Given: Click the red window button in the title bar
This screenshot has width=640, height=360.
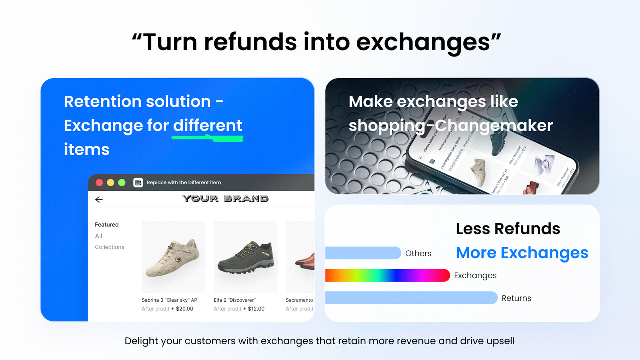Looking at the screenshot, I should pyautogui.click(x=99, y=183).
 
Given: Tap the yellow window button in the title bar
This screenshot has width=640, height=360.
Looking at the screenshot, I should pyautogui.click(x=110, y=183).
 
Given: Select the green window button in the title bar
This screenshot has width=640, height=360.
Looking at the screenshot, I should pyautogui.click(x=122, y=183).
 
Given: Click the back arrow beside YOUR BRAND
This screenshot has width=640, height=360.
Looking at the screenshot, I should pyautogui.click(x=99, y=199).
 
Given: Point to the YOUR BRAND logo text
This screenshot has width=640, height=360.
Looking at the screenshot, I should pyautogui.click(x=225, y=198).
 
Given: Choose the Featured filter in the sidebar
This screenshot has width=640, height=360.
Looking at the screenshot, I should pyautogui.click(x=107, y=225).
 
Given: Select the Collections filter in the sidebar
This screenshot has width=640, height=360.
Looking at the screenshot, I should pyautogui.click(x=109, y=247).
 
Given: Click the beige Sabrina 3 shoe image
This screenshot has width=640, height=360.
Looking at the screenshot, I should pyautogui.click(x=173, y=256).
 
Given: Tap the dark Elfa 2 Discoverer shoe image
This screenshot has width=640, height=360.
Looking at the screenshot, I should pyautogui.click(x=245, y=256).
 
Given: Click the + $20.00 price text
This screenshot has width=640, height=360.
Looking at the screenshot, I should pyautogui.click(x=182, y=309).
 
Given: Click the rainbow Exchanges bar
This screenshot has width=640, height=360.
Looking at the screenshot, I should pyautogui.click(x=387, y=275).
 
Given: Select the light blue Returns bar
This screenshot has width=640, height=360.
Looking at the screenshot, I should pyautogui.click(x=411, y=298).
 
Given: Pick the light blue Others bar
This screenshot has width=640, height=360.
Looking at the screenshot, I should pyautogui.click(x=363, y=253).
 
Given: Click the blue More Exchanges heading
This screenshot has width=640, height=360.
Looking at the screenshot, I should pyautogui.click(x=522, y=253).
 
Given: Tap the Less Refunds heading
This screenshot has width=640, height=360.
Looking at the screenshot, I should pyautogui.click(x=508, y=229).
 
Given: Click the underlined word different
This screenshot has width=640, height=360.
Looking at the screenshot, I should pyautogui.click(x=207, y=125).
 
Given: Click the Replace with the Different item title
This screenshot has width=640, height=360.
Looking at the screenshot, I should pyautogui.click(x=184, y=183).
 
